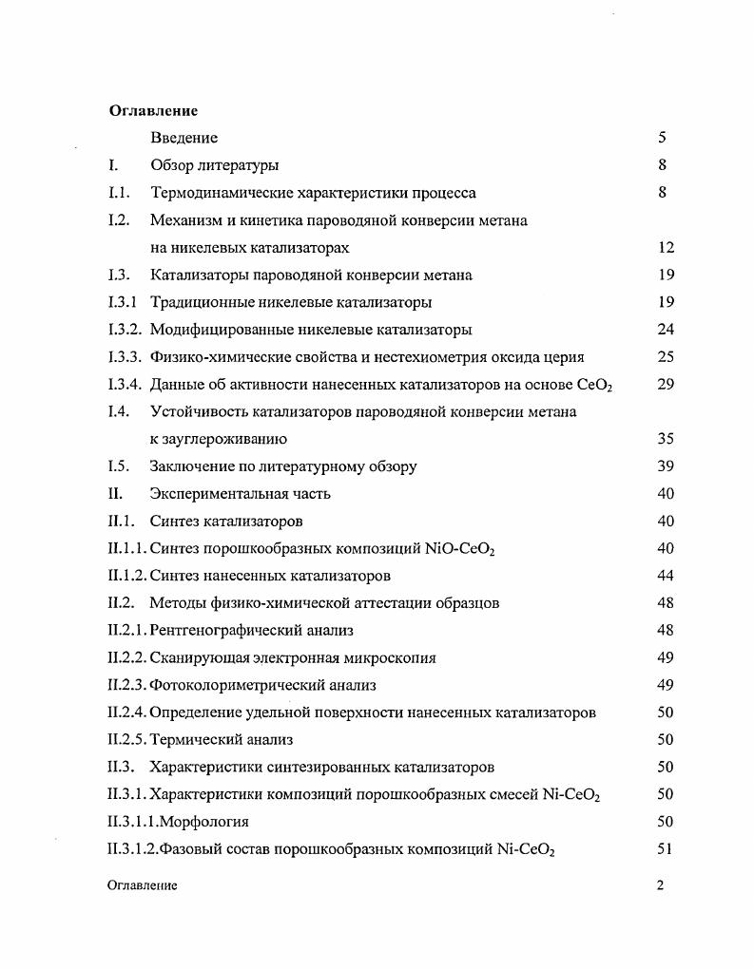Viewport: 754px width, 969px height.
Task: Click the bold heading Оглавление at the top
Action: coord(153,111)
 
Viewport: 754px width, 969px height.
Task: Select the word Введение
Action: coord(184,139)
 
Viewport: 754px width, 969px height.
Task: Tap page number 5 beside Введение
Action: coord(662,139)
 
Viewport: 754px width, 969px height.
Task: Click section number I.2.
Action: coord(119,220)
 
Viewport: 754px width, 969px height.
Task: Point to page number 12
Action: coord(666,248)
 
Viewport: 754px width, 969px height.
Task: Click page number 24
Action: coord(666,330)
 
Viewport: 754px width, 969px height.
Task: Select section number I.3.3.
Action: coord(125,357)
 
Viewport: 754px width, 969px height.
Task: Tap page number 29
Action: coord(666,385)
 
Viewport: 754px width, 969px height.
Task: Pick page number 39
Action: coord(666,466)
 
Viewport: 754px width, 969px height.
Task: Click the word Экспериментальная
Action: coord(210,494)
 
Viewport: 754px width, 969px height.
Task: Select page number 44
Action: coord(666,576)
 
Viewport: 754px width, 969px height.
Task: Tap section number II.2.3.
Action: coord(128,685)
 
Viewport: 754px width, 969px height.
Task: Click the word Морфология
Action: coord(204,822)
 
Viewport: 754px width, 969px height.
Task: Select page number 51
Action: coord(666,849)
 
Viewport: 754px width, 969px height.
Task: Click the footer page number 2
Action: coord(661,885)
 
